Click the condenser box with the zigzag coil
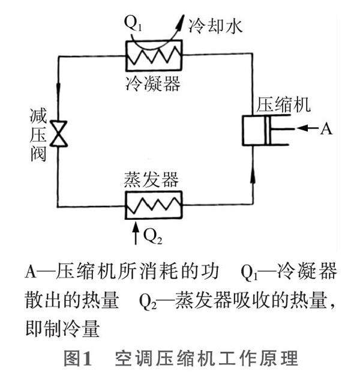click(153, 55)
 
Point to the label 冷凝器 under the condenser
click(154, 83)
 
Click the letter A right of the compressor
click(326, 128)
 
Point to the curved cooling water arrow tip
click(178, 22)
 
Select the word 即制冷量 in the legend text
click(62, 328)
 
